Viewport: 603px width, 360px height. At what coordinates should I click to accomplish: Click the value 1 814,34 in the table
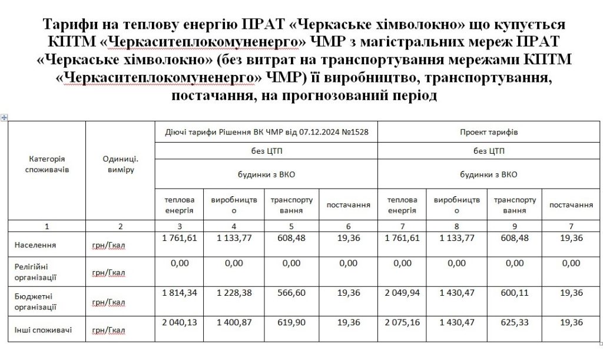tap(178, 293)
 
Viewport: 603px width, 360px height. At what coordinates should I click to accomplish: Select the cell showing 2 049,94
tap(403, 293)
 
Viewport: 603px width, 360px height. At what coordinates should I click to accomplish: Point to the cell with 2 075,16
tap(403, 322)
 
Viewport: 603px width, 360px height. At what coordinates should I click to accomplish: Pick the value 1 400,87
tap(234, 322)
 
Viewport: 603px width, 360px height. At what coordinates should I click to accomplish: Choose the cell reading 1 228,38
tap(234, 293)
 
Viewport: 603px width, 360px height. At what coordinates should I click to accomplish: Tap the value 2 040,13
tap(178, 322)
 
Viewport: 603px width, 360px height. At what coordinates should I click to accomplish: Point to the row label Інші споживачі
tap(43, 329)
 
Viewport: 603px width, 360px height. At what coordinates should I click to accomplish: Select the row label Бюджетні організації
tap(35, 302)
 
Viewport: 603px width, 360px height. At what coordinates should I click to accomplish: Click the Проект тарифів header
tap(489, 132)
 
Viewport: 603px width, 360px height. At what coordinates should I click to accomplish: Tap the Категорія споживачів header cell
tap(47, 164)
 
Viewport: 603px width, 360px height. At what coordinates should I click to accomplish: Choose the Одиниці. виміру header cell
tap(120, 164)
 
